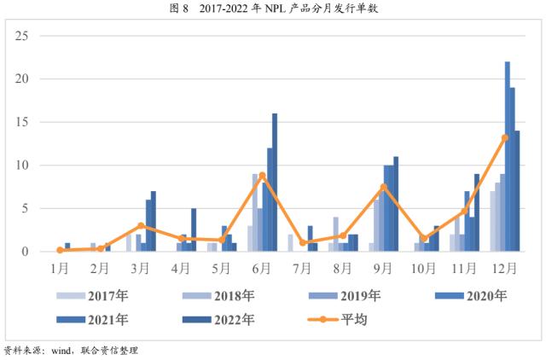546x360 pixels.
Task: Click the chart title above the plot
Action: tap(273, 9)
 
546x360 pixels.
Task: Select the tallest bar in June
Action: tap(275, 183)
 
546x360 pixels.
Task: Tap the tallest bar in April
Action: tap(194, 229)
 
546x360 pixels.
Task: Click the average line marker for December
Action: tap(505, 137)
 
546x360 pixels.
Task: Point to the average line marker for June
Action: tap(263, 175)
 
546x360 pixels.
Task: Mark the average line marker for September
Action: tap(384, 187)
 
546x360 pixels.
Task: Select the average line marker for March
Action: tap(141, 226)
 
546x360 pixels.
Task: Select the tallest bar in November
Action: tap(477, 212)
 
